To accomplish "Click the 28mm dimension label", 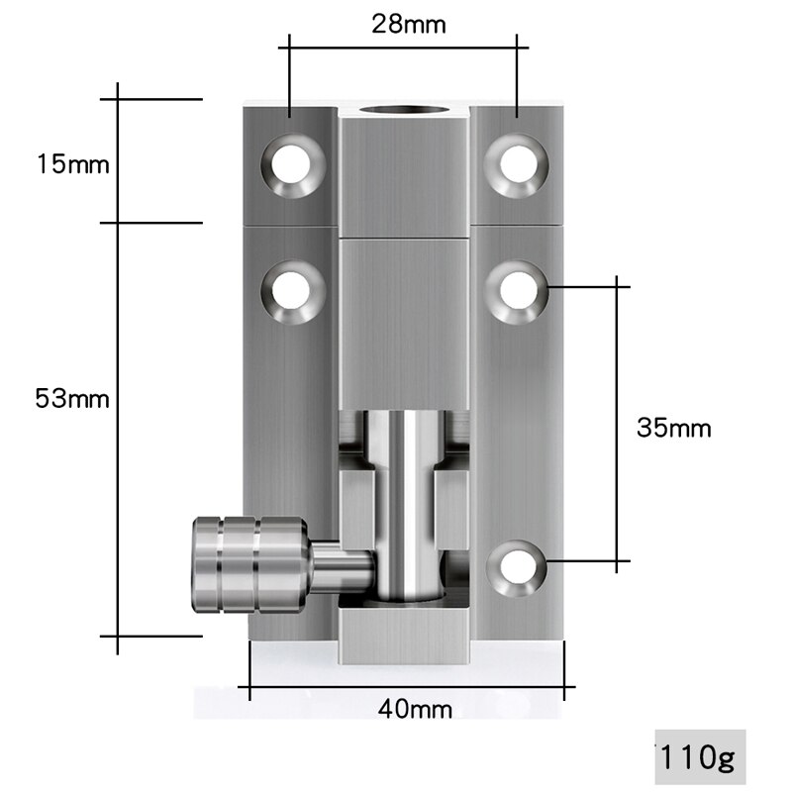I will pos(403,24).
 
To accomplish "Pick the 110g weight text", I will pos(700,758).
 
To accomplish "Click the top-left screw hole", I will pos(294,162).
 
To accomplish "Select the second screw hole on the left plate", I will pos(294,288).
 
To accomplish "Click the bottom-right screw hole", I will pos(518,567).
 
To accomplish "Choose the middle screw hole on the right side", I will pos(518,288).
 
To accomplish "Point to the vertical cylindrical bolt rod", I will pos(404,495).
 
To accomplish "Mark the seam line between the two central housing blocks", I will pos(404,238).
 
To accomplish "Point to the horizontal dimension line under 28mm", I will pos(403,46).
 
